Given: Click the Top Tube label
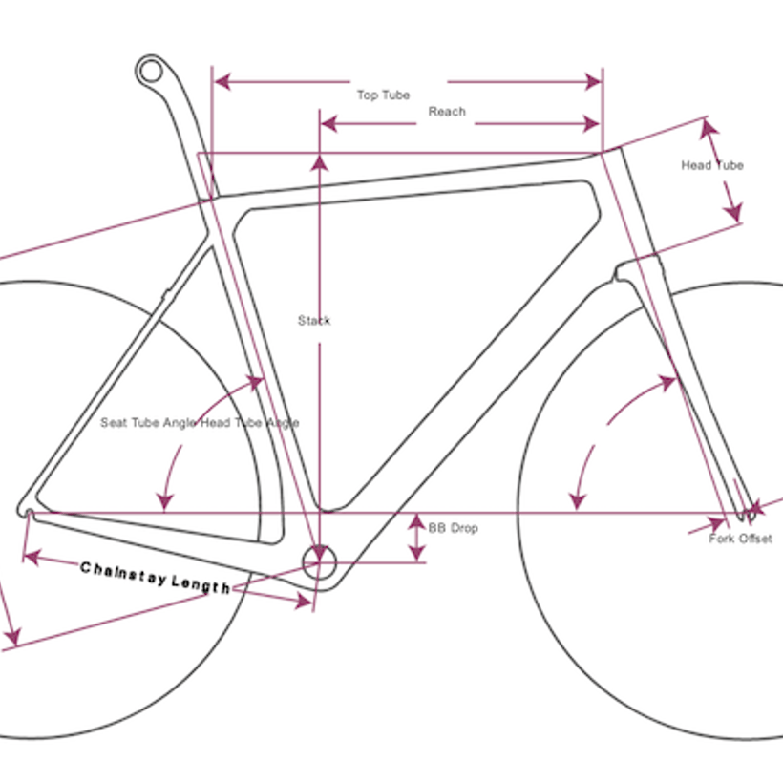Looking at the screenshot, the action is tap(383, 95).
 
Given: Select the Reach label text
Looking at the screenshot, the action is tap(447, 112).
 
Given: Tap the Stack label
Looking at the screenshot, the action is tap(314, 320).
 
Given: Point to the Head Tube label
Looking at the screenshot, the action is tap(712, 165).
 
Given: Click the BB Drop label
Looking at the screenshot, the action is tap(453, 528).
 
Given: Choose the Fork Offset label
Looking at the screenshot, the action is tap(741, 539).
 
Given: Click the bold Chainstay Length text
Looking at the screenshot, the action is tap(156, 578).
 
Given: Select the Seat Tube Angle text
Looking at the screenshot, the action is tap(148, 422).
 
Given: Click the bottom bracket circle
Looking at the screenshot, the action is tap(320, 562).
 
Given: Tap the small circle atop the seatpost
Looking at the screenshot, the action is tap(151, 72).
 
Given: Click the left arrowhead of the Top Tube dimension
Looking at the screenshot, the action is tap(222, 82).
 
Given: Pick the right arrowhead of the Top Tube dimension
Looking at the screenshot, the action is tap(593, 82).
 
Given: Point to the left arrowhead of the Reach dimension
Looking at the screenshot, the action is tap(328, 124).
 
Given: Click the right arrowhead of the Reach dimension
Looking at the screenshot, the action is tap(591, 124).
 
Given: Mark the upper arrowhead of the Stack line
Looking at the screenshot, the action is tap(320, 162).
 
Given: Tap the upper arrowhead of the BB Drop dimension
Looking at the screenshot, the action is tap(417, 521).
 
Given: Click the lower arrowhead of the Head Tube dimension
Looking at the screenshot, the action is tap(733, 212).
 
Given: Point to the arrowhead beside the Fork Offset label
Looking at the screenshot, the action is tap(717, 524).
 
